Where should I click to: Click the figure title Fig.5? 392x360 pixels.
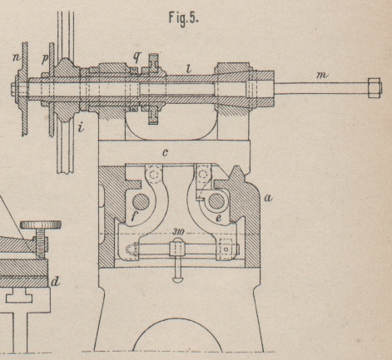(184, 18)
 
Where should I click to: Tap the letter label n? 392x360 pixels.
(17, 58)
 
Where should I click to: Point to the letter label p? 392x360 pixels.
(44, 59)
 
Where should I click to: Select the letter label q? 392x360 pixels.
(136, 57)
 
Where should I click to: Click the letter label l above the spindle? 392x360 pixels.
(189, 68)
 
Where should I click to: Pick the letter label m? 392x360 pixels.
(322, 75)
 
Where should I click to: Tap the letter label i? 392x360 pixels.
(81, 127)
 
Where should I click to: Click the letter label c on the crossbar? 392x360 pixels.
(165, 153)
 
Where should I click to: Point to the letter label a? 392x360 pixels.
(268, 198)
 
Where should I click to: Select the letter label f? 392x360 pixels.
(134, 215)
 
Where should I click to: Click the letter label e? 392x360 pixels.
(219, 219)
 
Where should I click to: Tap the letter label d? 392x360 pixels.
(55, 282)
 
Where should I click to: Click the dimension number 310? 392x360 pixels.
(178, 232)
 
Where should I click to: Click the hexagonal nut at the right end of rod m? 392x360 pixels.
(375, 87)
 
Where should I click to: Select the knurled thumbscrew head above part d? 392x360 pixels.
(41, 224)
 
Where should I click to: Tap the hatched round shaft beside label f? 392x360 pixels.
(141, 201)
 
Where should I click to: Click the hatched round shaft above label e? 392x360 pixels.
(216, 201)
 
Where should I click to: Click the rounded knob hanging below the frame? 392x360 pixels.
(177, 279)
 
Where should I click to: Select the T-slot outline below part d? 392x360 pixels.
(19, 297)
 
